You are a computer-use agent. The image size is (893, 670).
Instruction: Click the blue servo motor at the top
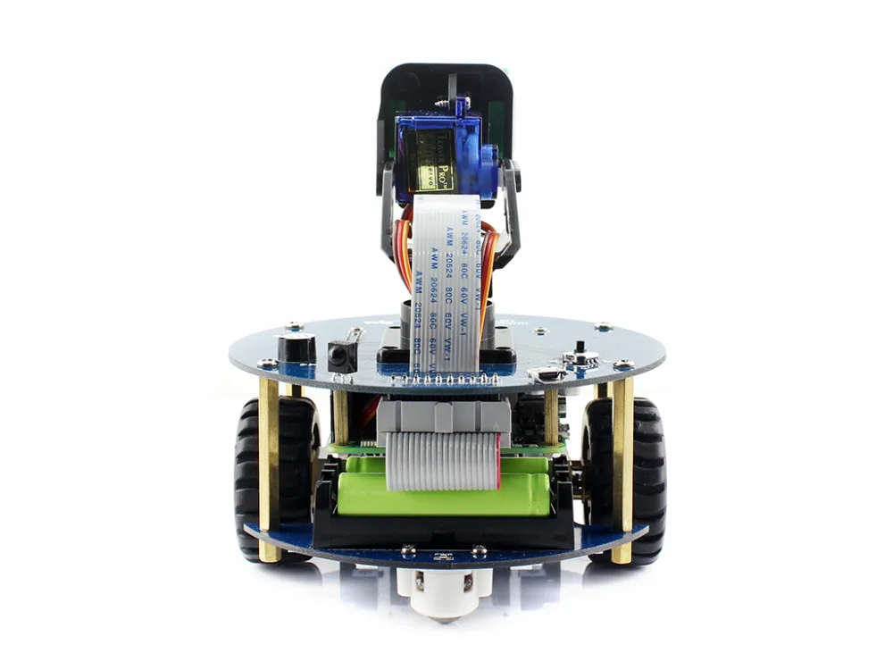click(x=438, y=152)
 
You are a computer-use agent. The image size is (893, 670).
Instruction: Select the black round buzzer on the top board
click(x=296, y=347)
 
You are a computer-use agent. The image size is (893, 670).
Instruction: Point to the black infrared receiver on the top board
click(x=342, y=356)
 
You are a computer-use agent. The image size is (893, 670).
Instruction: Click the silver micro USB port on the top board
click(x=547, y=374)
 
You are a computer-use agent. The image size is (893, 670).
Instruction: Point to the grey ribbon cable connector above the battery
click(x=444, y=416)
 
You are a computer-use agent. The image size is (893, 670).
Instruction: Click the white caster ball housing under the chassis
click(x=446, y=590)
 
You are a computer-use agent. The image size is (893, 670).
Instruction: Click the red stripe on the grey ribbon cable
click(x=497, y=457)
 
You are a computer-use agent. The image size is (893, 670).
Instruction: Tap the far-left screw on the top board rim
click(x=266, y=364)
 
